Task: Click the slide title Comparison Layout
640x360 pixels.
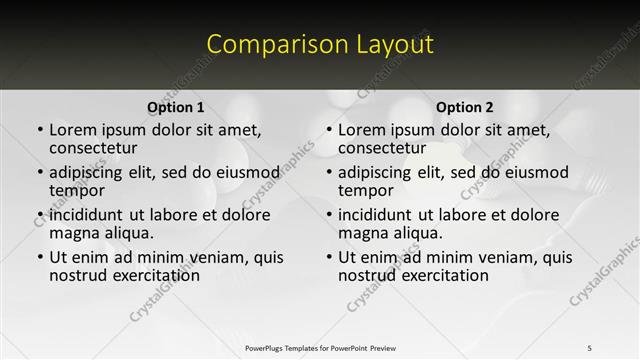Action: pyautogui.click(x=320, y=45)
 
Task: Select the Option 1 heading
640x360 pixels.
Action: pyautogui.click(x=176, y=107)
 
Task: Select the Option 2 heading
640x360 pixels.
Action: pyautogui.click(x=465, y=107)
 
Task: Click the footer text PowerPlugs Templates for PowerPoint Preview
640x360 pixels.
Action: pyautogui.click(x=320, y=348)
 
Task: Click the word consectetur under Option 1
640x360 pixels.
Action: pyautogui.click(x=93, y=148)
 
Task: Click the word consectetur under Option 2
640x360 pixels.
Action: pyautogui.click(x=382, y=148)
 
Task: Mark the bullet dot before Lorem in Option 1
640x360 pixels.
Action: pyautogui.click(x=40, y=131)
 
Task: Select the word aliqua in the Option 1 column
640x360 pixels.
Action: pyautogui.click(x=127, y=233)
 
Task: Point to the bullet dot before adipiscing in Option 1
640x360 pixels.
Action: pyautogui.click(x=40, y=173)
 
